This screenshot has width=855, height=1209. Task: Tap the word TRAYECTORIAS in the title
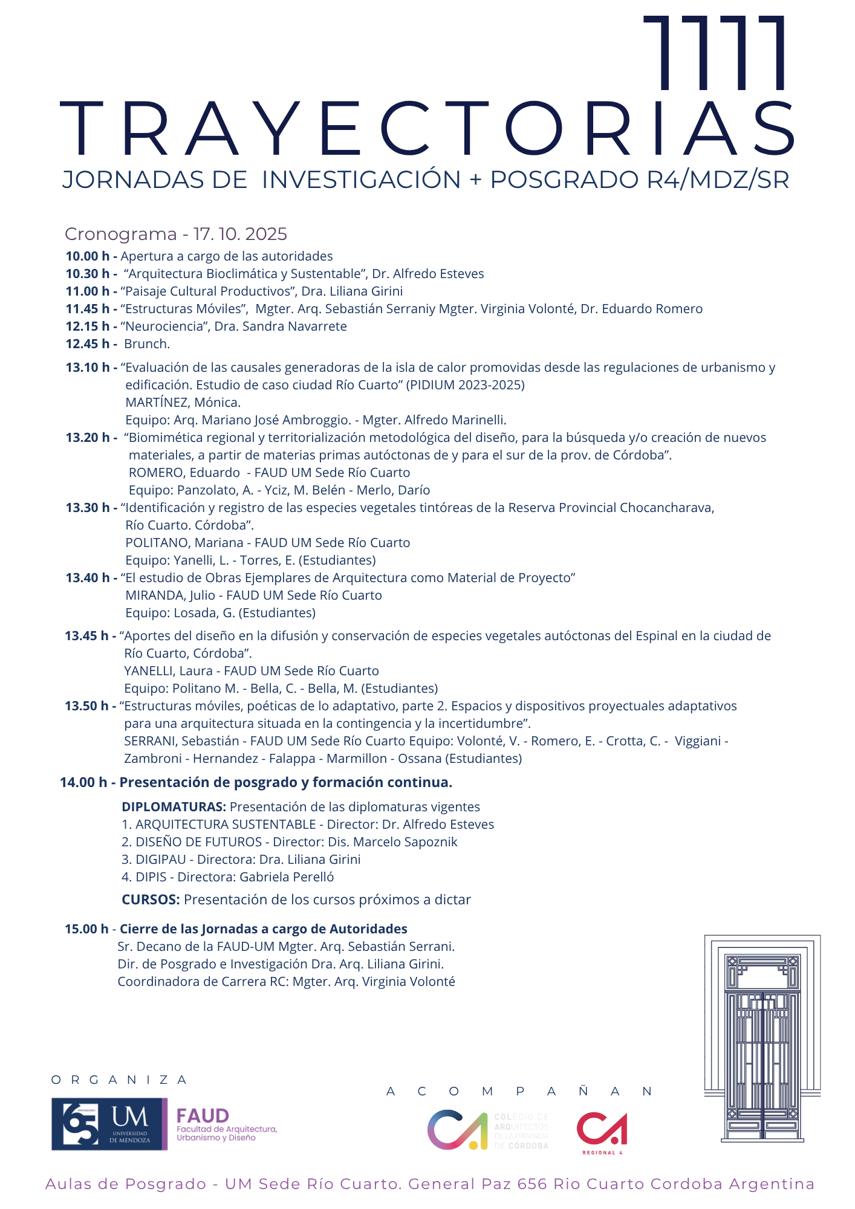[x=427, y=129]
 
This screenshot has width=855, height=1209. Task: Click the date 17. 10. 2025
[x=240, y=234]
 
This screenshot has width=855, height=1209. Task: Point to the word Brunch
[x=146, y=344]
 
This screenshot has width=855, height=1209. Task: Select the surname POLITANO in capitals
[x=157, y=543]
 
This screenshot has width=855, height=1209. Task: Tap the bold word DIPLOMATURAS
[x=174, y=807]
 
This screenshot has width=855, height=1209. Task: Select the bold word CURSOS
[x=151, y=899]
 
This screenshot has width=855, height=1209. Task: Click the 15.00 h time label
[x=86, y=929]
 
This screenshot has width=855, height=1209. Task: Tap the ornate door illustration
[x=762, y=1039]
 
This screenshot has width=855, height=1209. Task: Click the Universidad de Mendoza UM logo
[x=109, y=1124]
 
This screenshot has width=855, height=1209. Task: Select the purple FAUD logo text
[x=203, y=1116]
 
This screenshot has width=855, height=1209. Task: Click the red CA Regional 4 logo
[x=602, y=1130]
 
